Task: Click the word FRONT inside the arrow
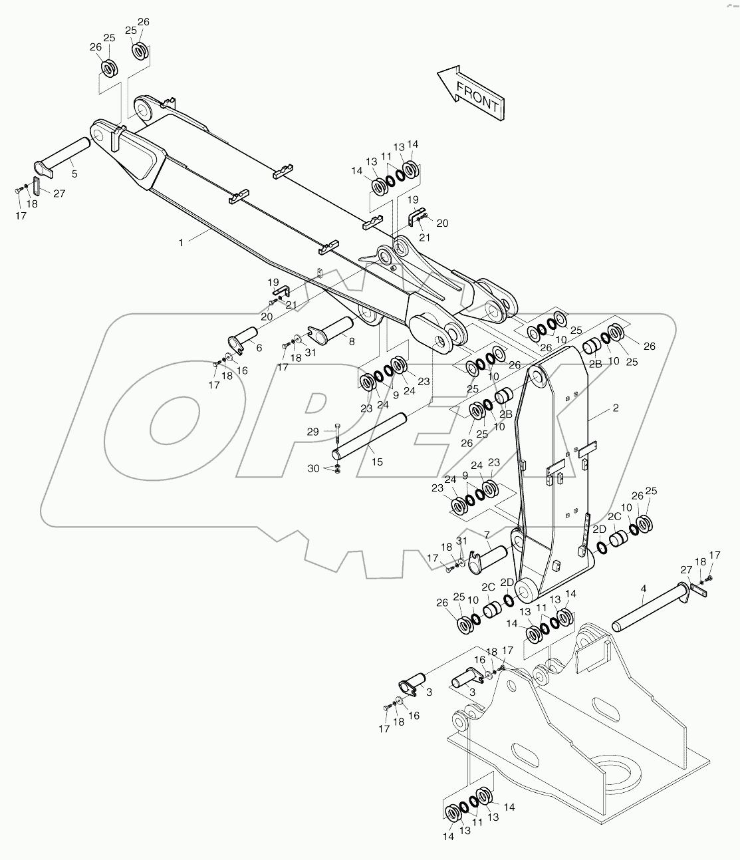pos(477,95)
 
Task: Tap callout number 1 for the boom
pos(180,243)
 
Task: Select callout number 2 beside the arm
pos(616,408)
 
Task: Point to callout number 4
pos(643,588)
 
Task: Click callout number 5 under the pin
pos(74,174)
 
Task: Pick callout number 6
pos(259,347)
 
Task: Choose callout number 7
pos(487,534)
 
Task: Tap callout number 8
pos(352,341)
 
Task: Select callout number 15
pos(376,461)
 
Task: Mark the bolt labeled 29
pos(338,433)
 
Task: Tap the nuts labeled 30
pos(338,470)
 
